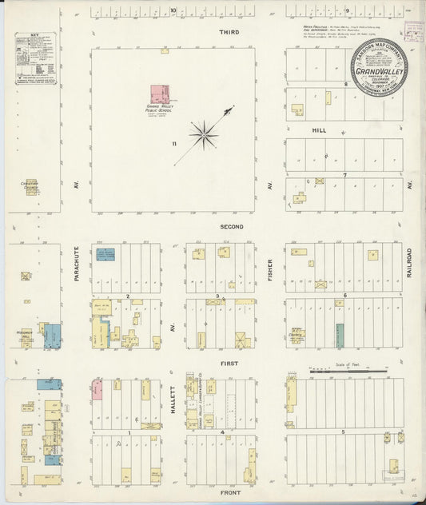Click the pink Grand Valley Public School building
[x=160, y=94]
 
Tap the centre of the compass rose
[x=204, y=133]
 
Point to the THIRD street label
[x=231, y=32]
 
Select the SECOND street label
[x=232, y=227]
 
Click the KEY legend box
[x=35, y=58]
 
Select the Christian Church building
[x=32, y=187]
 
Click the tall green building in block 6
[x=340, y=335]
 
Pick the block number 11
[x=172, y=144]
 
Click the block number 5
[x=344, y=432]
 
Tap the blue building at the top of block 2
[x=106, y=254]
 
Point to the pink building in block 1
[x=98, y=389]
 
